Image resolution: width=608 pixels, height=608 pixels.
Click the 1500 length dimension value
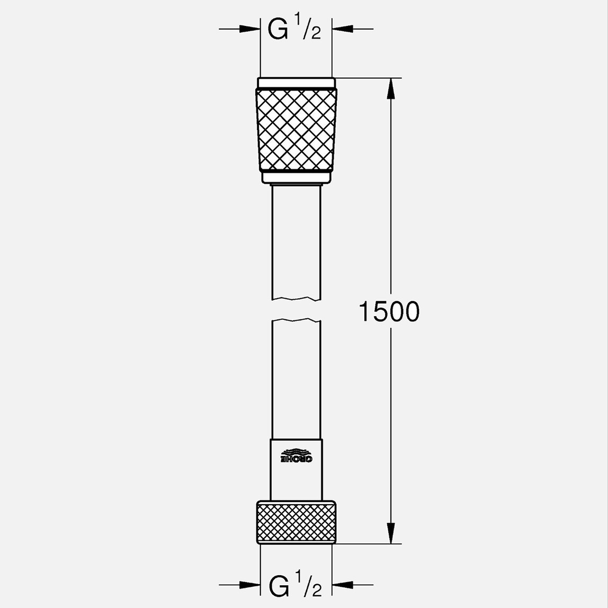point(389,311)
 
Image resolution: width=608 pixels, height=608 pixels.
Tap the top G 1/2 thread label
point(294,30)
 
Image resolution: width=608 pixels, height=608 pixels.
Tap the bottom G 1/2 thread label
point(295,585)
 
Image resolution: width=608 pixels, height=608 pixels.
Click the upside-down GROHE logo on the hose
point(296,455)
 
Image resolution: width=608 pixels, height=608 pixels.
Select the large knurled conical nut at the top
point(296,130)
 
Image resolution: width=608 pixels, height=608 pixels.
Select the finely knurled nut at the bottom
point(296,522)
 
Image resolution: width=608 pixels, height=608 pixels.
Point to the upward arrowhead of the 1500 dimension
point(391,88)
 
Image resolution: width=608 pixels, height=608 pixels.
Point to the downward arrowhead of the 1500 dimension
point(391,533)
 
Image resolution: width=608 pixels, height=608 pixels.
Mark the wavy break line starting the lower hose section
point(296,320)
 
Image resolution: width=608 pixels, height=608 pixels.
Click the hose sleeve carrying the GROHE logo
point(296,469)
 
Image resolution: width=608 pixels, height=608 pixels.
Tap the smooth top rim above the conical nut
point(296,83)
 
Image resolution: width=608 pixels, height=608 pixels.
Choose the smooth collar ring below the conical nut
point(296,177)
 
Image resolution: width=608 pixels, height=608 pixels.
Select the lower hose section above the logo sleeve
point(296,379)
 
